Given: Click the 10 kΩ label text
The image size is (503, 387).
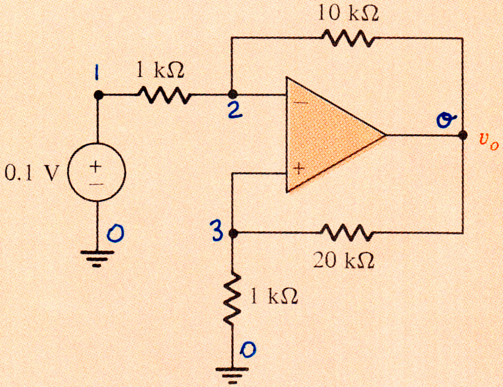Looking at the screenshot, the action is pyautogui.click(x=349, y=14).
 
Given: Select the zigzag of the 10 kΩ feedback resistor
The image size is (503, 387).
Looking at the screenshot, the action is pyautogui.click(x=348, y=38).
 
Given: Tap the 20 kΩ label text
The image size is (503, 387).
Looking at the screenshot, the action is pyautogui.click(x=344, y=260).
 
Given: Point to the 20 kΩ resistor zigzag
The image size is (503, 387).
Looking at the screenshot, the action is pyautogui.click(x=347, y=232).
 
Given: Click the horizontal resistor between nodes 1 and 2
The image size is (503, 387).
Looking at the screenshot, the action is pyautogui.click(x=164, y=95).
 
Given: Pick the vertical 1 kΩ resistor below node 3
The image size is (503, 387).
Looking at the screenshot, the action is pyautogui.click(x=233, y=298).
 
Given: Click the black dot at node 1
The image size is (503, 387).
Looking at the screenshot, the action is pyautogui.click(x=98, y=95).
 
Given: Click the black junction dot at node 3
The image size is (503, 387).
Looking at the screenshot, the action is pyautogui.click(x=233, y=233).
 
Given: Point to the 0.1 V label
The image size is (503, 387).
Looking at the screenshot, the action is pyautogui.click(x=32, y=174).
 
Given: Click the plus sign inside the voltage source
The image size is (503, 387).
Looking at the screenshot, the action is pyautogui.click(x=95, y=166).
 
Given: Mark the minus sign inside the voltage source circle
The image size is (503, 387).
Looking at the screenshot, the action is pyautogui.click(x=96, y=185).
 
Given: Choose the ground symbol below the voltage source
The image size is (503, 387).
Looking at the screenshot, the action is pyautogui.click(x=97, y=259).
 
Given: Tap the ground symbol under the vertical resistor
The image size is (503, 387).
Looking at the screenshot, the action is pyautogui.click(x=232, y=375).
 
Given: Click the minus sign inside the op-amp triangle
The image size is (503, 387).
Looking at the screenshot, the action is pyautogui.click(x=300, y=103).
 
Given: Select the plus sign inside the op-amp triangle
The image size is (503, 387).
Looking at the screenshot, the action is pyautogui.click(x=299, y=168).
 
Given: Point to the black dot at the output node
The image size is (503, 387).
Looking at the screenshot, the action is pyautogui.click(x=462, y=135).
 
